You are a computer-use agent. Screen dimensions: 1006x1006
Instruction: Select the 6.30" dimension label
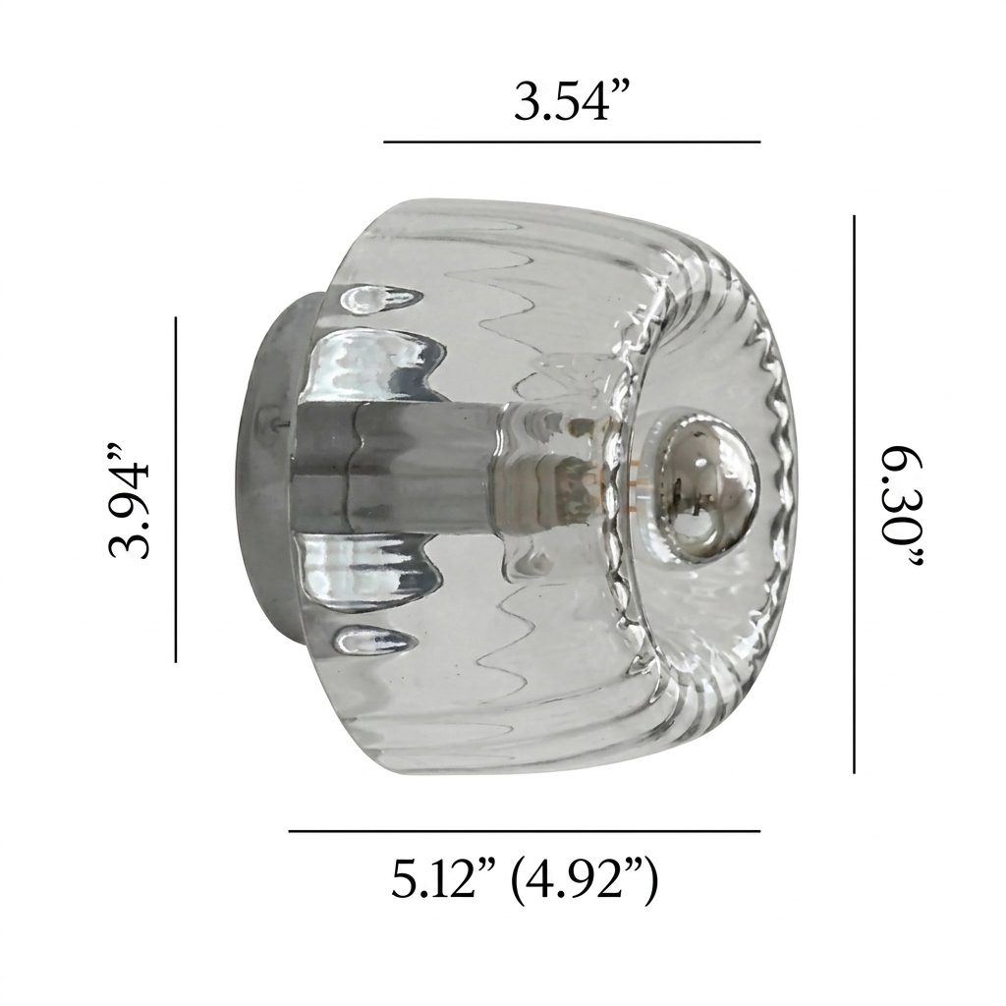[x=901, y=508]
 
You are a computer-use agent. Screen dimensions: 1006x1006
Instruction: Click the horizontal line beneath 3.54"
[x=572, y=141]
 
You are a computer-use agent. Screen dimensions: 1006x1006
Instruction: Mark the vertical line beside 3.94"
[x=176, y=489]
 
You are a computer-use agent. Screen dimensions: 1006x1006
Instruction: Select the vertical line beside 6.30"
[x=854, y=494]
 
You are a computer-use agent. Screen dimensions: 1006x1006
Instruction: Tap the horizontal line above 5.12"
[x=525, y=831]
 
